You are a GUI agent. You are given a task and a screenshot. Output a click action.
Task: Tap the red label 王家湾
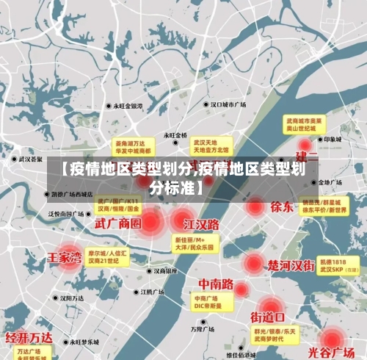pos(64,258)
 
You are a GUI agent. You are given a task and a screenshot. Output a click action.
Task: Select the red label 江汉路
pos(201,223)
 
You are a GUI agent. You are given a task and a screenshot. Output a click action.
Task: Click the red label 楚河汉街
pos(291,264)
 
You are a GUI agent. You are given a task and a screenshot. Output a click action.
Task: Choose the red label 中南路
pos(216,284)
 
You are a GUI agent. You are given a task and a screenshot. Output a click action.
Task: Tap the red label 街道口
pos(267,317)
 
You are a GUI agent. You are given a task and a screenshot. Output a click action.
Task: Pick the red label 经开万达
pos(29,338)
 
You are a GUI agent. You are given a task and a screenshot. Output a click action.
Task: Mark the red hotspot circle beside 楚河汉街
pos(253,263)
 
